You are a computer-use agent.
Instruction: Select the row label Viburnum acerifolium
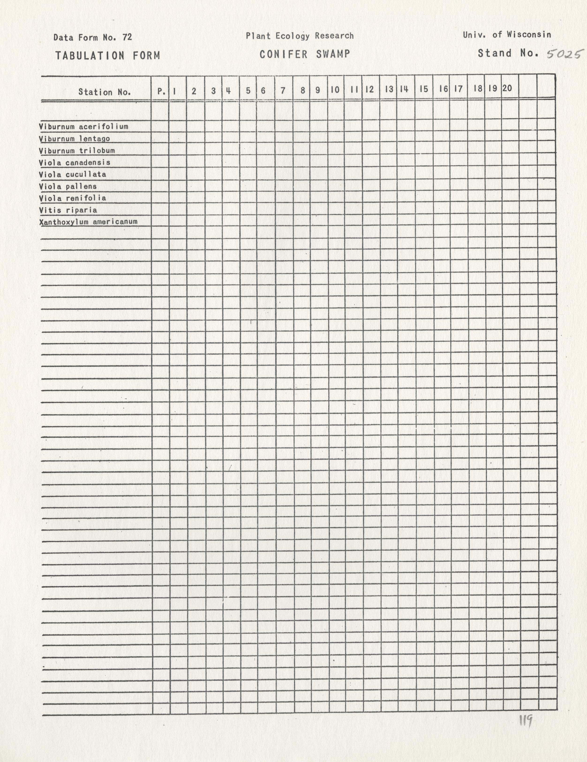tap(83, 126)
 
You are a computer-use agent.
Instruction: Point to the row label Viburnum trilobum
tap(77, 151)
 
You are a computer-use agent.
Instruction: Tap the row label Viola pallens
tap(68, 186)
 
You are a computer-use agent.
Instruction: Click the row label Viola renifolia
tap(72, 198)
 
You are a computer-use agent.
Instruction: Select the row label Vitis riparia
tap(68, 210)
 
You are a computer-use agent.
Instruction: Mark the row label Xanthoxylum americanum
tap(88, 222)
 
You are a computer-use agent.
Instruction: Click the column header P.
tap(161, 91)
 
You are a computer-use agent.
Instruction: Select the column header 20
tap(507, 88)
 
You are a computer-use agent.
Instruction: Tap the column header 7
tap(283, 91)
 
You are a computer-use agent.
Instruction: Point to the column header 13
tap(389, 89)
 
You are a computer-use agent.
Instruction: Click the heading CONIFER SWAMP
tap(305, 54)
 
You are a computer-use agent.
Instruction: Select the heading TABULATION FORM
tap(107, 55)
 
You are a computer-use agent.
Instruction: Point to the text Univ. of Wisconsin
tap(507, 35)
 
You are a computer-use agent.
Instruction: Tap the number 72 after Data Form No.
tap(127, 37)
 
